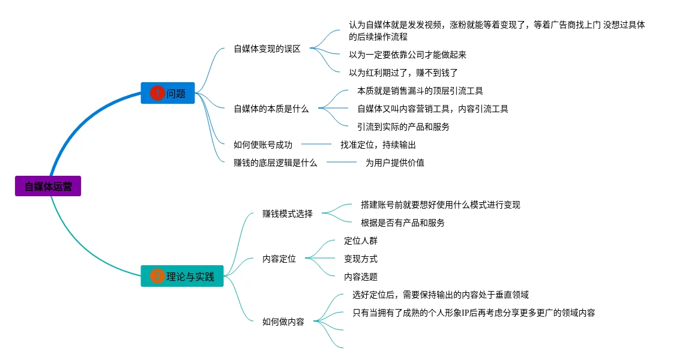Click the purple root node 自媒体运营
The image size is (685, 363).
coord(48,186)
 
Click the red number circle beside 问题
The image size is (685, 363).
coord(157,93)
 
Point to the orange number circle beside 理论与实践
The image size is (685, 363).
coord(157,276)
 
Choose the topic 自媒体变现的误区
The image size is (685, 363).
coord(267,49)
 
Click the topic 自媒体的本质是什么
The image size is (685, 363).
coord(271,109)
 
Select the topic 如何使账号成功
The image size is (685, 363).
coord(262,144)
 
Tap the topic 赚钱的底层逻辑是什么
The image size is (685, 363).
coord(275,162)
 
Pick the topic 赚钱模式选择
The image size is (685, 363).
coord(288,213)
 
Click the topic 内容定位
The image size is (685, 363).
coord(279,259)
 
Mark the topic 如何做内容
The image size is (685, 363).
coord(283,322)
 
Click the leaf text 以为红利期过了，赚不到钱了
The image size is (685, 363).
coord(403,73)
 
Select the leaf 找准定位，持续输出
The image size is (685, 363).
coord(378,145)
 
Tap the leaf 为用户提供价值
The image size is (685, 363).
coord(395,163)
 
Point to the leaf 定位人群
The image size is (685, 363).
coord(361,241)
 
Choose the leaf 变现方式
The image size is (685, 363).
coord(361,259)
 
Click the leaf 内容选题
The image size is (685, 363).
coord(361,277)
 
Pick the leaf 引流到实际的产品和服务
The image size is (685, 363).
coord(403,127)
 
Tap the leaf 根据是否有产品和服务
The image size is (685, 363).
coord(403,223)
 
